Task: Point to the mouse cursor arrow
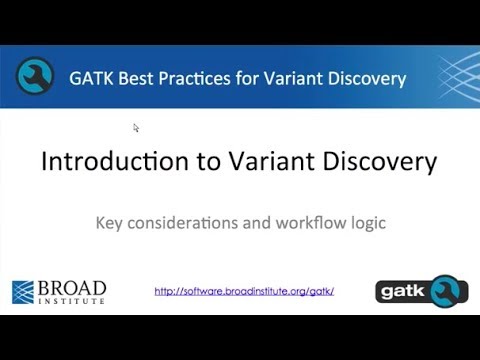click(136, 127)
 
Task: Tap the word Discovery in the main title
click(384, 162)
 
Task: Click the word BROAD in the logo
click(72, 287)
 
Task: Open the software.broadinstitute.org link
click(244, 292)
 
